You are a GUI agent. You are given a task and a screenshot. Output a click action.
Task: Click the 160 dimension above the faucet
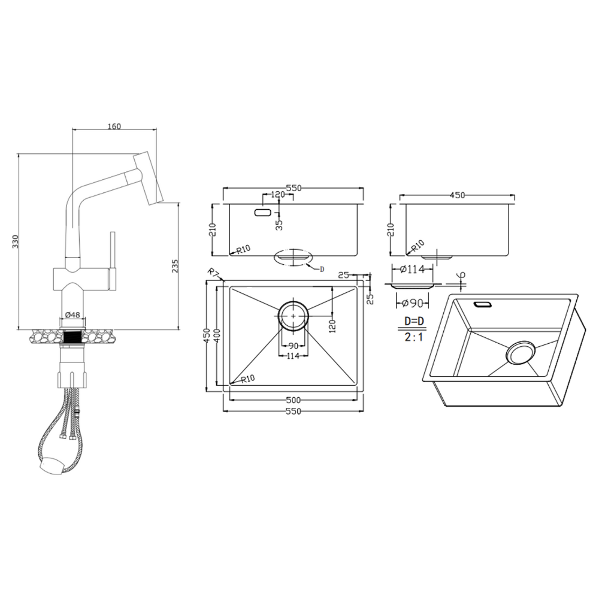click(114, 126)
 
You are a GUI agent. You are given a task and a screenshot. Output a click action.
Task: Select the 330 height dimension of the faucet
click(16, 241)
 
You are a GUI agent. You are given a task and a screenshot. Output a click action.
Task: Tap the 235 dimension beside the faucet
click(176, 266)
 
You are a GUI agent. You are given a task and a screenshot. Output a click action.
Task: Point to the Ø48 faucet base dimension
click(72, 315)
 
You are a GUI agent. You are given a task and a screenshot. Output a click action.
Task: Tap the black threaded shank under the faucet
click(73, 337)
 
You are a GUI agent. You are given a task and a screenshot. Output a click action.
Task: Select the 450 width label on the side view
click(457, 195)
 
